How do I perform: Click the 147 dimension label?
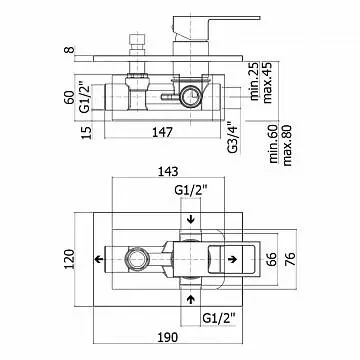pos(162,132)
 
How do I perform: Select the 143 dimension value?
pos(168,172)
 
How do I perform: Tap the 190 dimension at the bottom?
pos(167,337)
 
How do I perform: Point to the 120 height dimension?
pos(68,259)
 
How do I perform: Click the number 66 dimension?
pos(271,259)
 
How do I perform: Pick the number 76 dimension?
pos(290,259)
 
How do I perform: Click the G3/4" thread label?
pos(234,138)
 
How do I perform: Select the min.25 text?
pos(255,81)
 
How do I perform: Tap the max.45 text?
pos(268,82)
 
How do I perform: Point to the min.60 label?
pos(274,144)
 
